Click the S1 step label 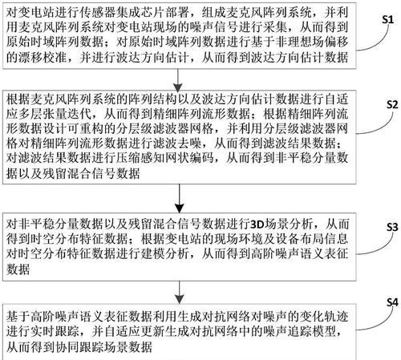[388, 19]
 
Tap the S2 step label [392, 104]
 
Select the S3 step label [392, 227]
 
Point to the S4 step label [392, 302]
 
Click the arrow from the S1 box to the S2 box [178, 80]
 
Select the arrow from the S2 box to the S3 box [179, 199]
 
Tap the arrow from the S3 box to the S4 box [179, 293]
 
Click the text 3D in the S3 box [257, 224]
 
